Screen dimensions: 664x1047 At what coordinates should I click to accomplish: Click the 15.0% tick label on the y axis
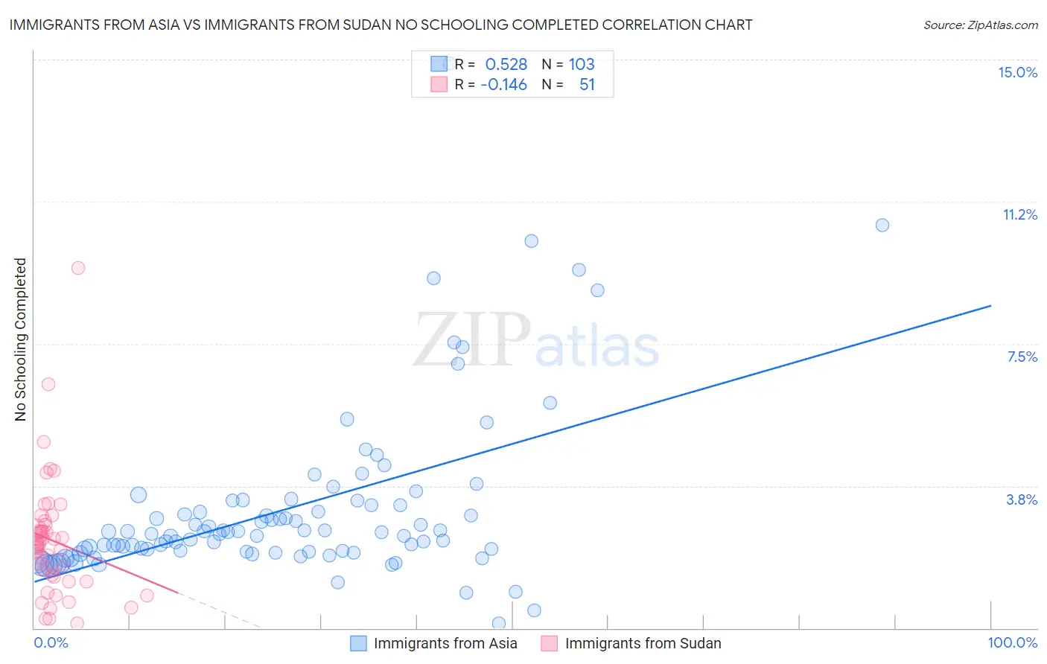pos(1017,72)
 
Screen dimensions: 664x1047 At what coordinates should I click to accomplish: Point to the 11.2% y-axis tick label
pos(1019,214)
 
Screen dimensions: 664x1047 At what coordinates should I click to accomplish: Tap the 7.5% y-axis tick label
pos(1022,357)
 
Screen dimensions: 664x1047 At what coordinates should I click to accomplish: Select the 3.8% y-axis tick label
pos(1022,499)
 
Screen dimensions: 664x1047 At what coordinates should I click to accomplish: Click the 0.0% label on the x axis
pos(51,642)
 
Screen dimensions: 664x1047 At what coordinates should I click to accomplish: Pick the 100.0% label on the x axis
pos(1012,642)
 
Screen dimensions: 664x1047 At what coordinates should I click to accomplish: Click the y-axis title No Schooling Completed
pos(20,339)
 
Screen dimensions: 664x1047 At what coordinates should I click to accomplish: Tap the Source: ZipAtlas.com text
pos(980,25)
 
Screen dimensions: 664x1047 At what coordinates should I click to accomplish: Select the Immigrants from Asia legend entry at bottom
pos(445,643)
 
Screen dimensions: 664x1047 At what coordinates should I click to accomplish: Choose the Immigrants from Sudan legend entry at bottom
pos(643,643)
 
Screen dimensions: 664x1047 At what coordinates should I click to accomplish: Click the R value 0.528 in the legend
pos(506,64)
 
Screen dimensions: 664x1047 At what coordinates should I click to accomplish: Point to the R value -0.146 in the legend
pos(504,84)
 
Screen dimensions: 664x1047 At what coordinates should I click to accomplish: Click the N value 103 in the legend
pos(582,64)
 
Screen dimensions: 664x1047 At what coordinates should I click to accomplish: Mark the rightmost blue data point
pos(882,225)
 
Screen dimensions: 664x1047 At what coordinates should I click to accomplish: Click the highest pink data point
pos(78,268)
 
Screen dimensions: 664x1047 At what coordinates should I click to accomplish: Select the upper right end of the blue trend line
pos(990,305)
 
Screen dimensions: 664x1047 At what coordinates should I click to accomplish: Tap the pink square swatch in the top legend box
pos(439,84)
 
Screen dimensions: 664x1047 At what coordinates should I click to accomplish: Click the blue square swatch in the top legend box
pos(439,64)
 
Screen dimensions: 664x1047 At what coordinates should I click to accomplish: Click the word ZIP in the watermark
pos(472,339)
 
